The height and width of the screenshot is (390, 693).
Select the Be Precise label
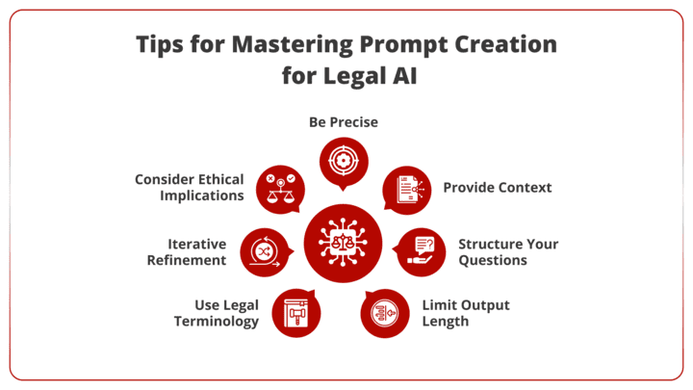[x=343, y=122]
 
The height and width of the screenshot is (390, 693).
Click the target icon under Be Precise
[x=344, y=160]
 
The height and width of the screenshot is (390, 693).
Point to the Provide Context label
[x=497, y=187]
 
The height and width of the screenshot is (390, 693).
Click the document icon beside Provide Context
[x=406, y=188]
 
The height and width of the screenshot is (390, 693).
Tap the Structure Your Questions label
[x=507, y=251]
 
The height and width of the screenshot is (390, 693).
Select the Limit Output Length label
[x=466, y=313]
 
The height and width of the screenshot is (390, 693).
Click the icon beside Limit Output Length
[x=384, y=313]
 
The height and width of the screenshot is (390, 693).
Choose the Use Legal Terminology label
[x=216, y=313]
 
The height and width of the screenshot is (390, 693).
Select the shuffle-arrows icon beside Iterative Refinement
[x=264, y=251]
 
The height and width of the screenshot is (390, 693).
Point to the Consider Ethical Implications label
[x=189, y=187]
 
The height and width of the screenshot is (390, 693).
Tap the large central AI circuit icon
[x=344, y=244]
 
